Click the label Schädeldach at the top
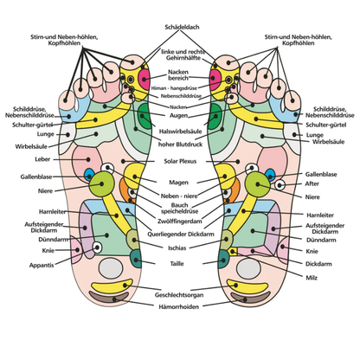click(x=180, y=27)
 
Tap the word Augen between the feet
click(x=180, y=114)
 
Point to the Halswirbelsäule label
click(x=180, y=130)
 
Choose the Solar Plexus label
click(x=180, y=161)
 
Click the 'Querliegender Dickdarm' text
click(x=180, y=232)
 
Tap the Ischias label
click(x=180, y=247)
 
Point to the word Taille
click(x=180, y=261)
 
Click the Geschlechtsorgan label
click(x=180, y=294)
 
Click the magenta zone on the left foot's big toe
click(x=145, y=75)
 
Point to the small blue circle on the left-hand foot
click(x=88, y=176)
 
